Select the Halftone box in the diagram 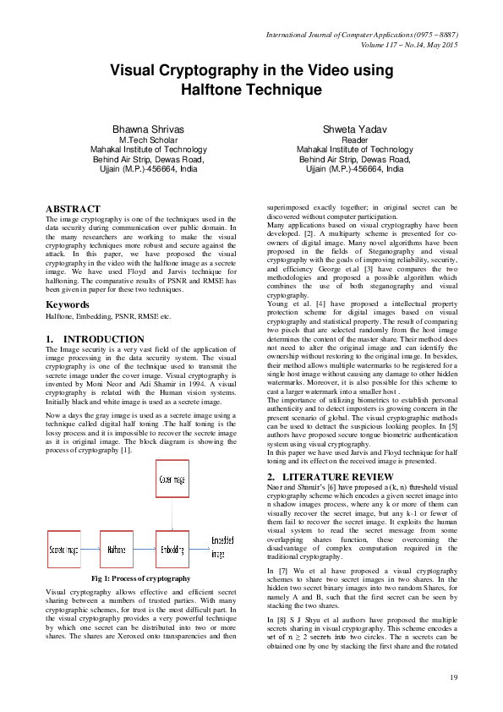(x=116, y=550)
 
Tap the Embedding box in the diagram (x=178, y=550)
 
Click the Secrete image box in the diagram (x=64, y=550)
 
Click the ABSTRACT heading (x=72, y=208)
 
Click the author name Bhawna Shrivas (x=148, y=129)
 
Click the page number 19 (x=453, y=676)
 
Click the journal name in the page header (x=363, y=34)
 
